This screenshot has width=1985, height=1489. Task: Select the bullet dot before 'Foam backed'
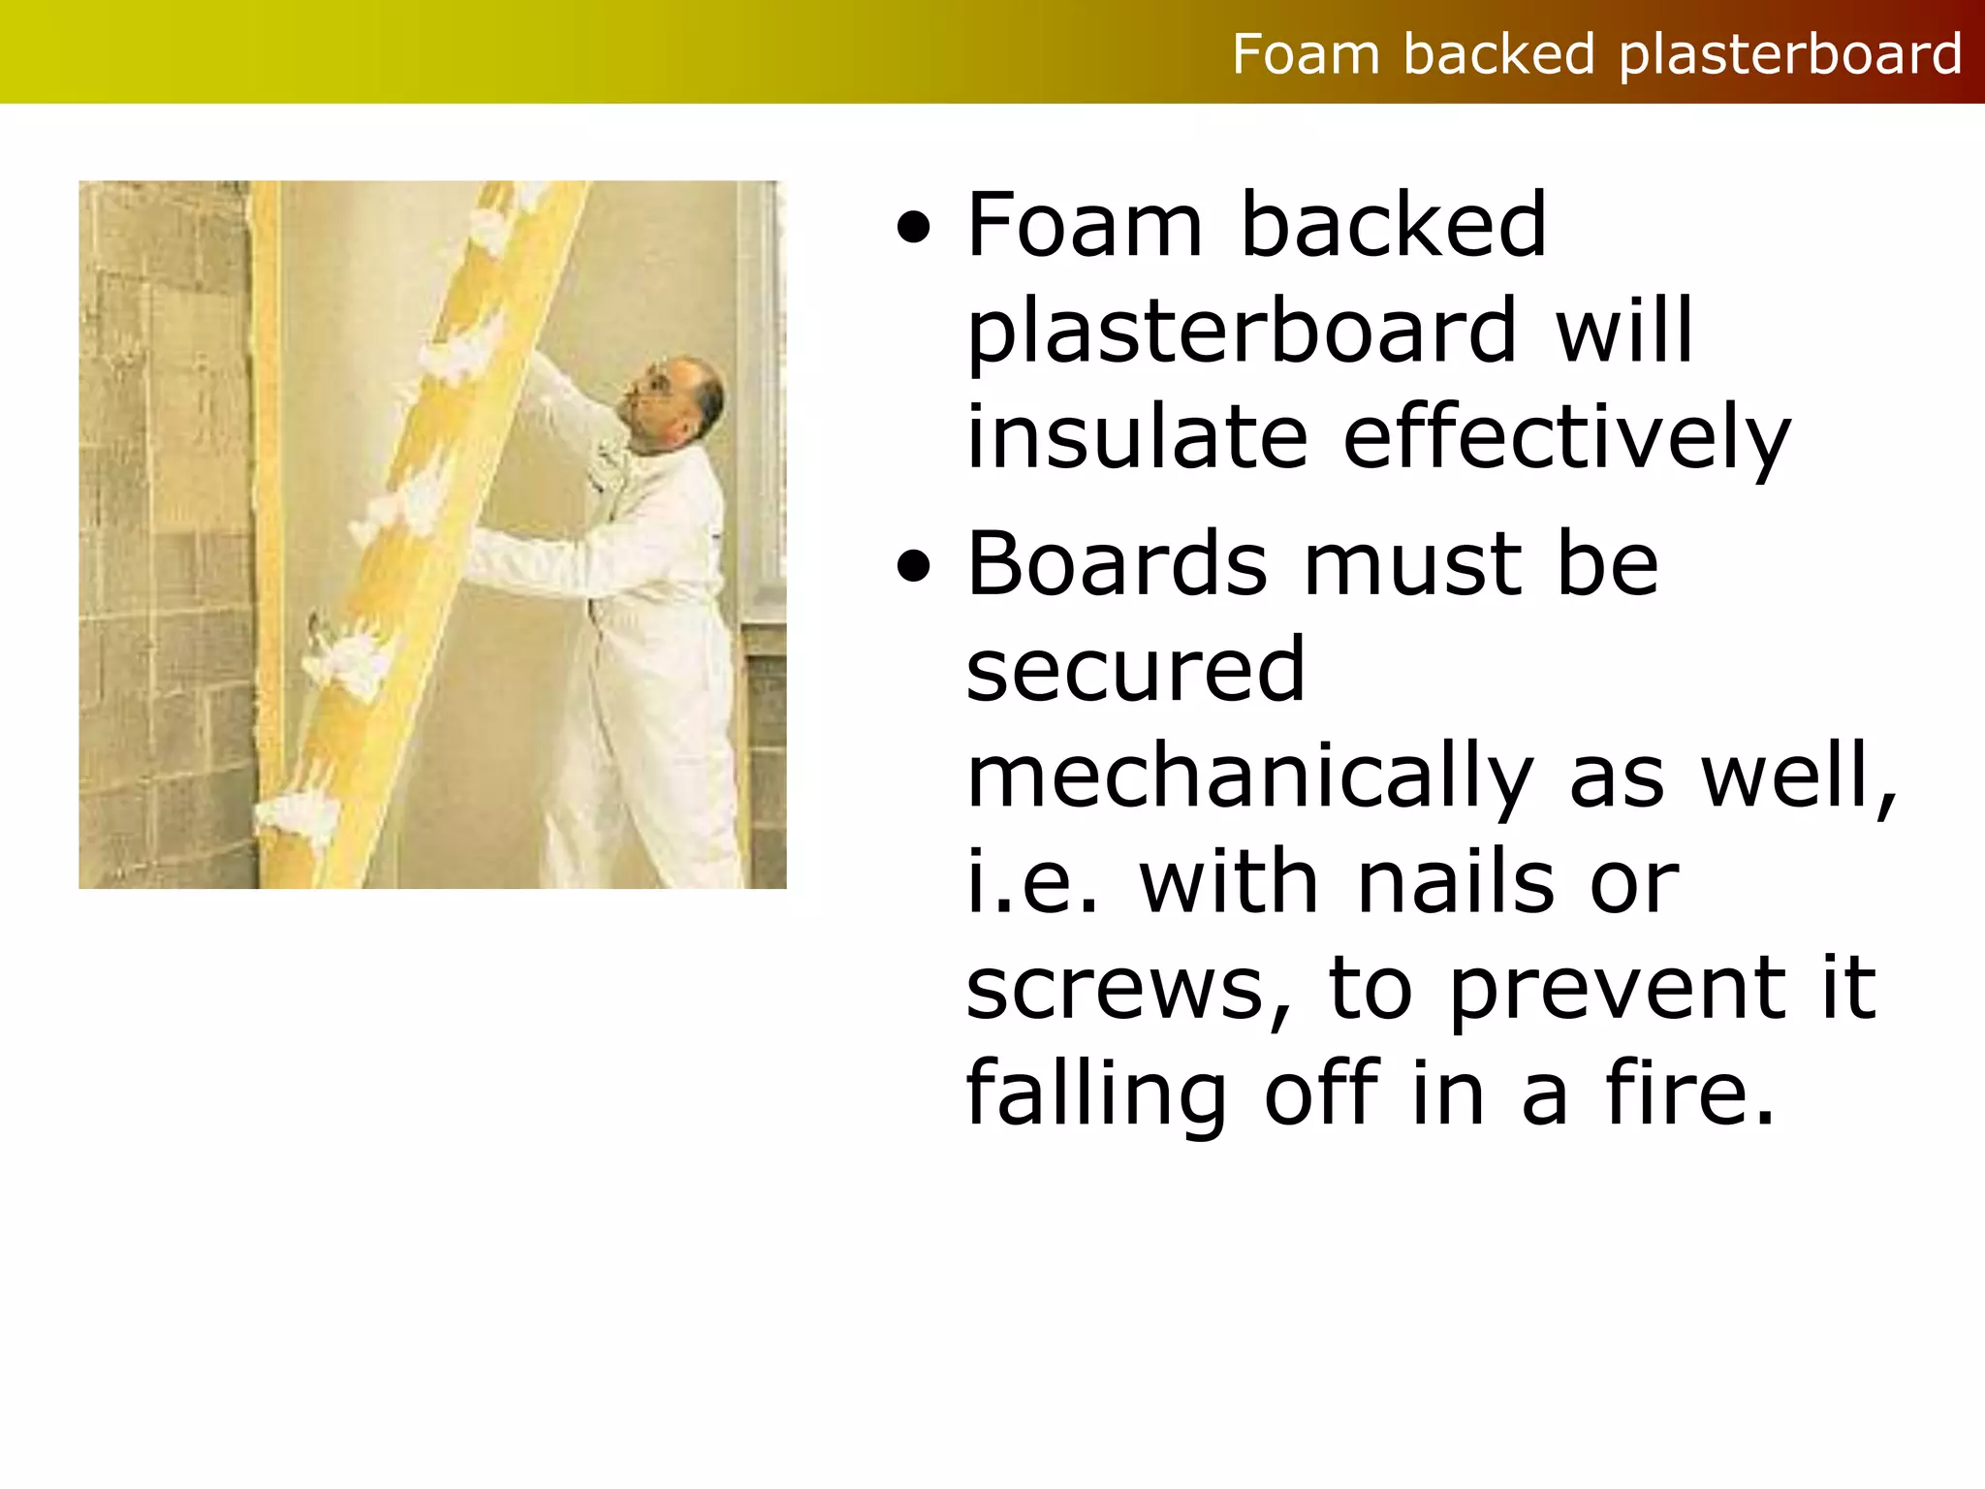(x=914, y=231)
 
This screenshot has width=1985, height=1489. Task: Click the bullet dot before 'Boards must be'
(x=914, y=568)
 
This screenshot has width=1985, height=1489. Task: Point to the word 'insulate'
(x=1137, y=438)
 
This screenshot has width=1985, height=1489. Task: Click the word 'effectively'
(x=1566, y=438)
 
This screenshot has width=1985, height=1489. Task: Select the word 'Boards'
(x=1117, y=564)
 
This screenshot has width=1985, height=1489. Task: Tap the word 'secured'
(x=1136, y=671)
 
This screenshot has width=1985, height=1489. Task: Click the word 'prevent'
(x=1617, y=989)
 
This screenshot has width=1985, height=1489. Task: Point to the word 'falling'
(x=1096, y=1093)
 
